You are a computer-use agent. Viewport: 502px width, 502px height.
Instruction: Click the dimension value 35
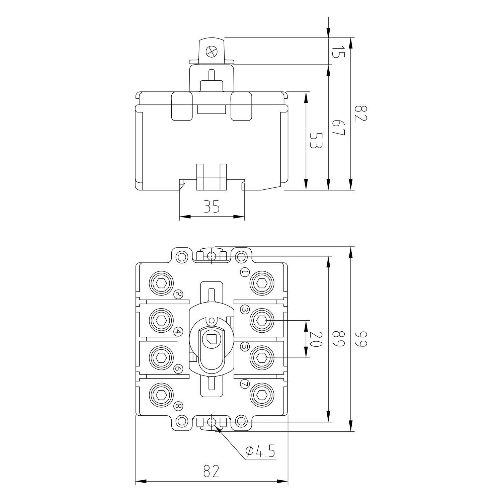[x=212, y=206]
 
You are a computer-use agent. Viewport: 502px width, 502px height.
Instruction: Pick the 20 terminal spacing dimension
[x=316, y=339]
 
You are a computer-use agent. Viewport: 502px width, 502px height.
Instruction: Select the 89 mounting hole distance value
[x=338, y=339]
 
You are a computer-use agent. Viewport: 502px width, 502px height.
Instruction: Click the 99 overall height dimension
[x=361, y=339]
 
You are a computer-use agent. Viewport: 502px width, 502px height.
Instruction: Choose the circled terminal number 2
[x=178, y=294]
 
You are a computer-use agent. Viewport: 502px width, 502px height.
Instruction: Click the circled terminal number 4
[x=178, y=332]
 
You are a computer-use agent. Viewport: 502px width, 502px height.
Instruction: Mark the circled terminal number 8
[x=178, y=406]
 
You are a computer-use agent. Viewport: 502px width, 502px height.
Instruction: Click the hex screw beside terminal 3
[x=262, y=321]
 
